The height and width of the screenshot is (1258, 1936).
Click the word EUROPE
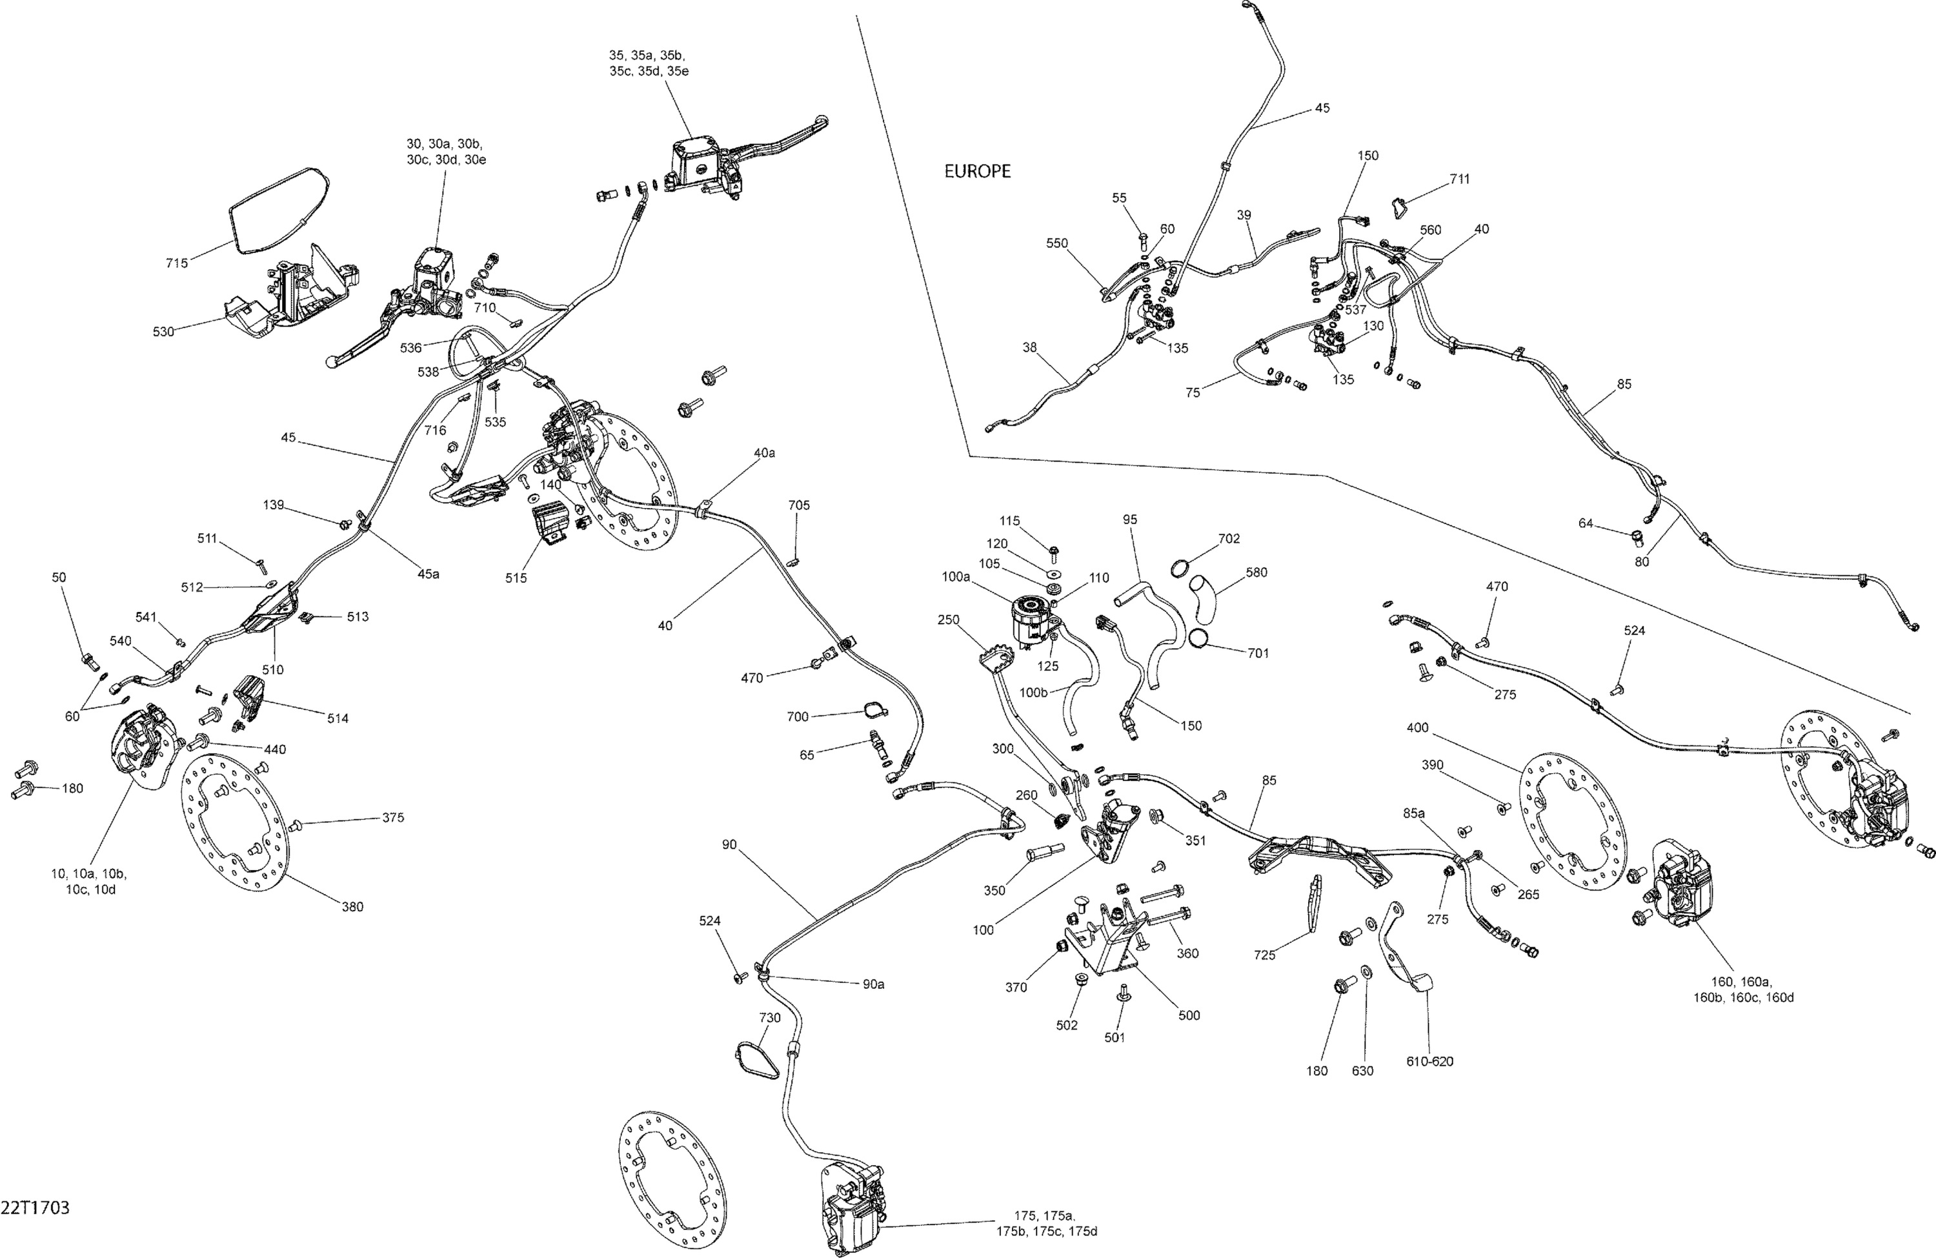pos(977,172)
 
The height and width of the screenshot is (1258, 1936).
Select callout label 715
pos(177,263)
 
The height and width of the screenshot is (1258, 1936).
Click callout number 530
pos(163,332)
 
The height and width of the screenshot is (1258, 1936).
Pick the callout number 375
pos(393,818)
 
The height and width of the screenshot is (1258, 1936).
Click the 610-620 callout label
pos(1429,1061)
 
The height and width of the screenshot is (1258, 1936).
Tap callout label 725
pos(1265,955)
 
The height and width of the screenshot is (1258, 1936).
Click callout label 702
pos(1229,539)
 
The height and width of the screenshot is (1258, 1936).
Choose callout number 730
pos(769,1018)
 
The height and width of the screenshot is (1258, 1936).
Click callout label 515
pos(516,578)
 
